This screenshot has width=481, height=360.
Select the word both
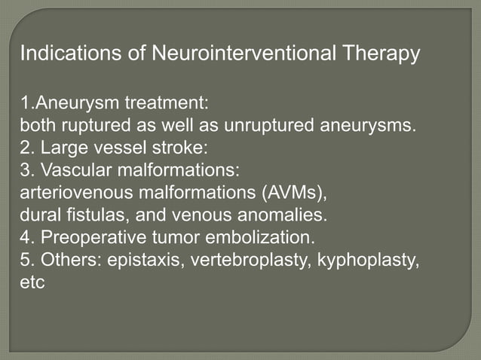(x=37, y=124)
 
